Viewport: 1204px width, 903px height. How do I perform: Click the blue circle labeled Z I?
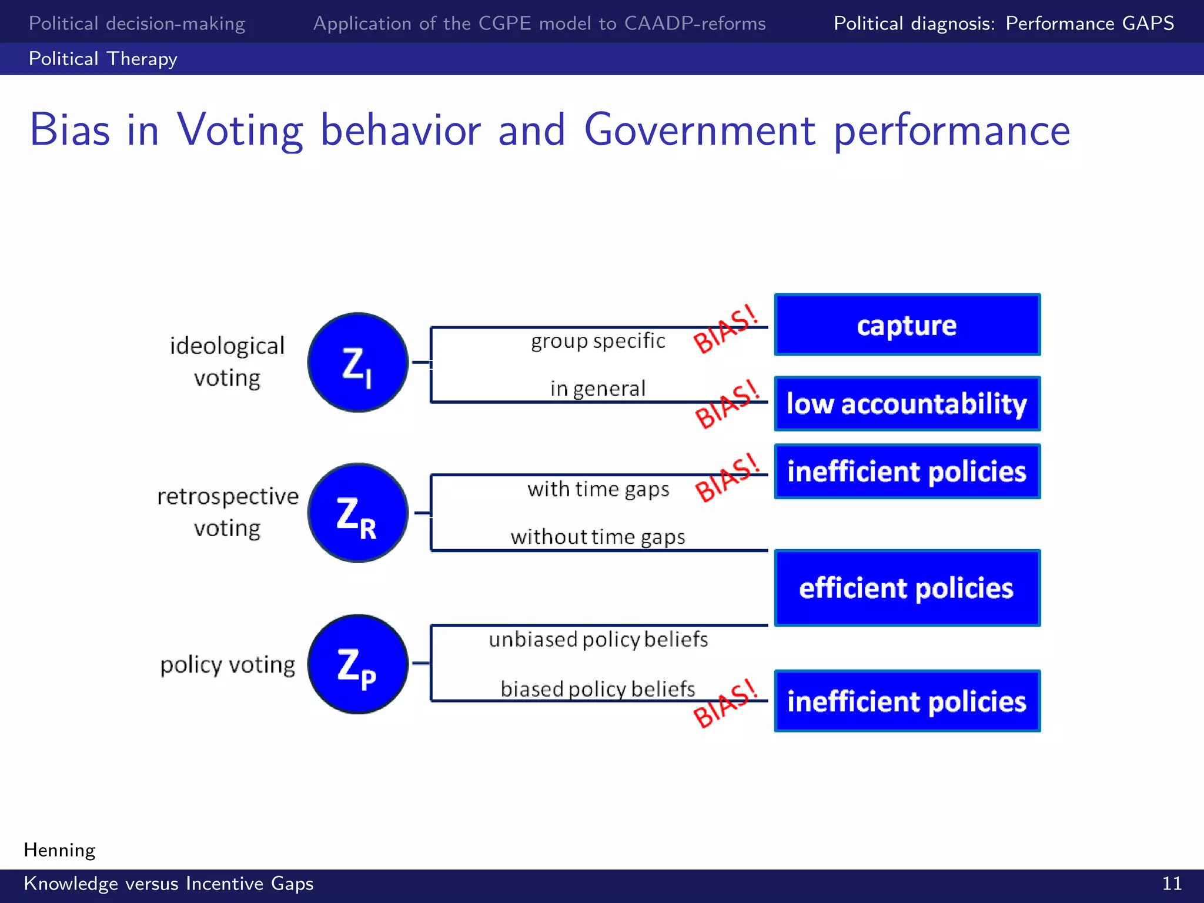coord(357,362)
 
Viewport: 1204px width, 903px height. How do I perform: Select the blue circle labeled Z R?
coord(357,513)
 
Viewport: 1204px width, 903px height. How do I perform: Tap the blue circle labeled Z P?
coord(357,664)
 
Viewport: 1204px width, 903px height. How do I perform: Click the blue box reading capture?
coord(907,325)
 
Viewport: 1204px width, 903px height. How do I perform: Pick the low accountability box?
coord(907,404)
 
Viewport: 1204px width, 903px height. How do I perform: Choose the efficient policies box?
coord(907,588)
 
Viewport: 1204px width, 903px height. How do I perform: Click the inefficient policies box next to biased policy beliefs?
coord(907,701)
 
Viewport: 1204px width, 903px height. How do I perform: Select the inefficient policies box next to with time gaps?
coord(907,471)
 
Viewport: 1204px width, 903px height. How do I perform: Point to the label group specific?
coord(598,341)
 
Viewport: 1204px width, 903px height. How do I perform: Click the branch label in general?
coord(598,389)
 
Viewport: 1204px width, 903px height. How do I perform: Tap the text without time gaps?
coord(598,537)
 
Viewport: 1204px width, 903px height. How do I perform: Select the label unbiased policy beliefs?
coord(598,639)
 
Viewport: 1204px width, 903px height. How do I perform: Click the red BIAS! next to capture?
coord(726,329)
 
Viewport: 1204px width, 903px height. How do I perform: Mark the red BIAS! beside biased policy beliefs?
coord(726,703)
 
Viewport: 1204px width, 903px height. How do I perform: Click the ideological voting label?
coord(227,362)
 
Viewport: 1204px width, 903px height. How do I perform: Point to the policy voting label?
coord(228,665)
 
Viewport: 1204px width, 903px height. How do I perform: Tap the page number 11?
coord(1172,884)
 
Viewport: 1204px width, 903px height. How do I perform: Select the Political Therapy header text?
coord(103,59)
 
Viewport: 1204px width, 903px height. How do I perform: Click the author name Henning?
coord(59,850)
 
